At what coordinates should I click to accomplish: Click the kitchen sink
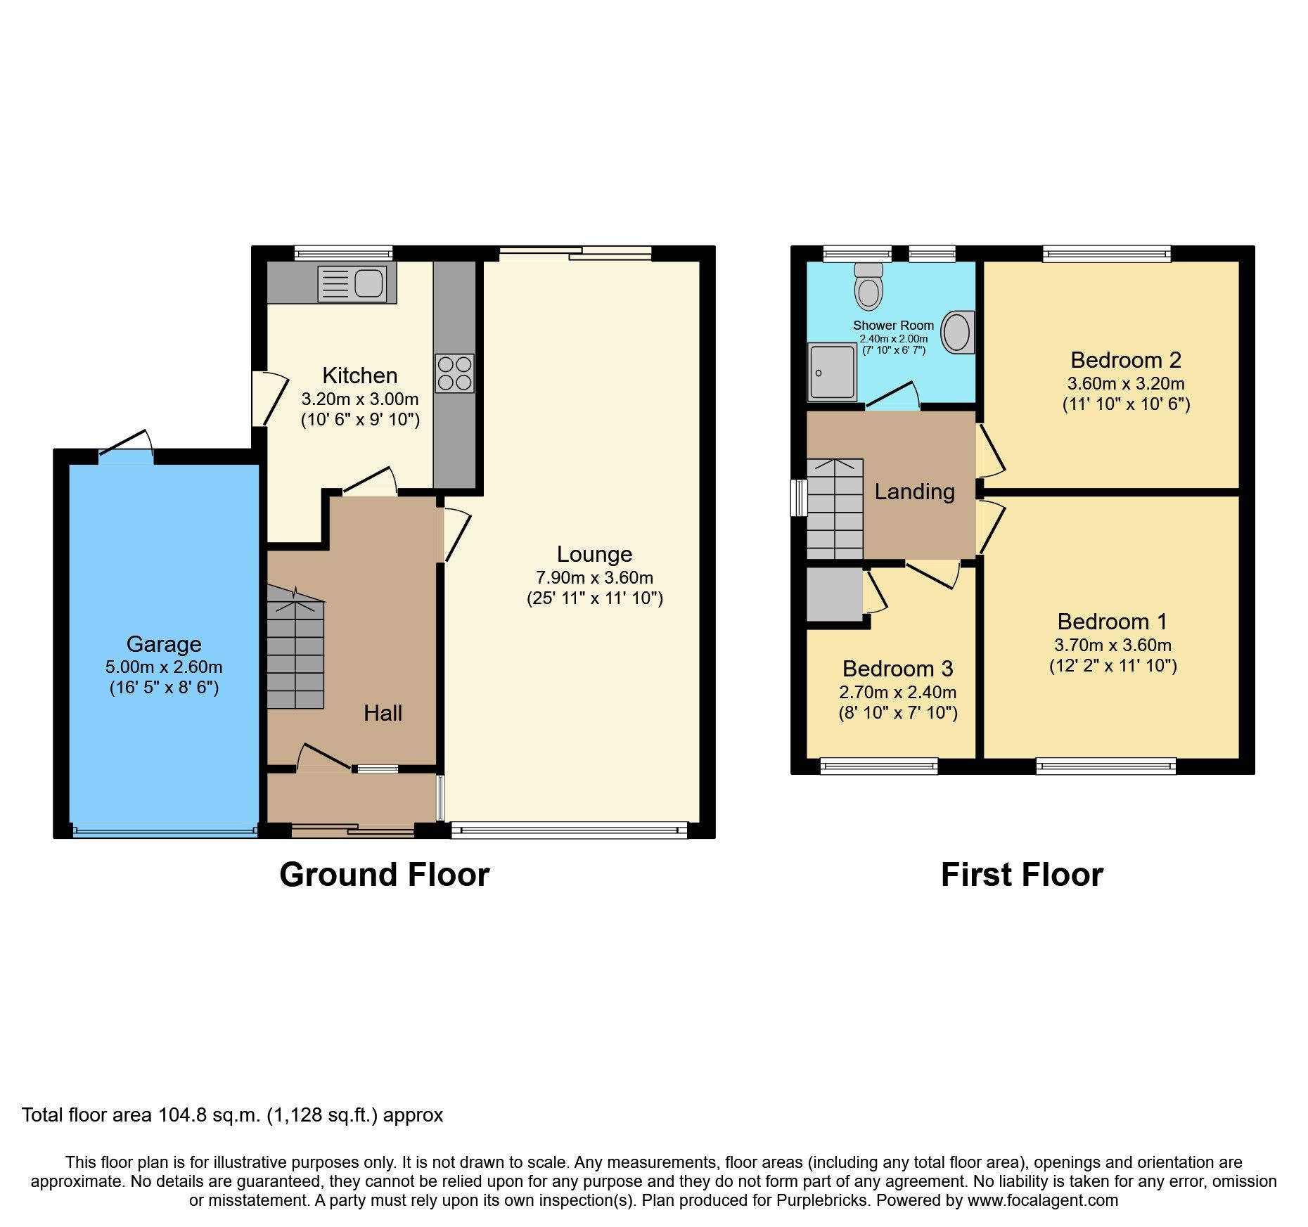[352, 283]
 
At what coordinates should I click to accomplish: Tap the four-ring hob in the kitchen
[454, 373]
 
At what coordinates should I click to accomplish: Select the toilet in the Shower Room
[869, 287]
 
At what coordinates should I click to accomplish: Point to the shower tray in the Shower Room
[831, 372]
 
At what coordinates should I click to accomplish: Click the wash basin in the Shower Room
[956, 333]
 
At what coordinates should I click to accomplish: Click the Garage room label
[164, 644]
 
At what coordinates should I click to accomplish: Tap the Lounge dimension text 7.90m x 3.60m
[594, 578]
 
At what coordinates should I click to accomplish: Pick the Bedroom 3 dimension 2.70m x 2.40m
[897, 693]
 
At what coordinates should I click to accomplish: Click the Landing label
[914, 492]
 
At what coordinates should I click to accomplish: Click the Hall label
[383, 713]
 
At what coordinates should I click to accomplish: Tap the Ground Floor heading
[384, 875]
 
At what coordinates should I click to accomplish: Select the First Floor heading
[1021, 875]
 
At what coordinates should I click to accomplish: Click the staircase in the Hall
[295, 654]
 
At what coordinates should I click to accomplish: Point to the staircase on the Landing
[835, 509]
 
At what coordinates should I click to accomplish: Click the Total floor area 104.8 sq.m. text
[232, 1115]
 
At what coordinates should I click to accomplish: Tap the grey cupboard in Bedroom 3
[834, 595]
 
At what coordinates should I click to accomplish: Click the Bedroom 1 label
[1112, 622]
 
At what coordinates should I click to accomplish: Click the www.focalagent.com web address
[1042, 1200]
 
